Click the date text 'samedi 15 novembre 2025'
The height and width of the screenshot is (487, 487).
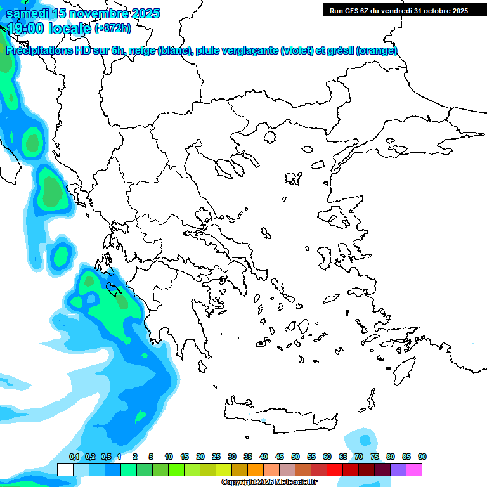[82, 13]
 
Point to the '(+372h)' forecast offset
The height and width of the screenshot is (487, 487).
[113, 28]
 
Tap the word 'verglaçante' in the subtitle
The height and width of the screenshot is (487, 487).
[249, 51]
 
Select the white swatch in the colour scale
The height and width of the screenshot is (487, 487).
[65, 469]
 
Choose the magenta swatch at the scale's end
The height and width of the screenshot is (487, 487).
[414, 469]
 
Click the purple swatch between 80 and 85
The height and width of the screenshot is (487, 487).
[398, 469]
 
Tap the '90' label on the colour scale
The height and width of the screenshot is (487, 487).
[422, 457]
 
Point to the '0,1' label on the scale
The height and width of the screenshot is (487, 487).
[74, 457]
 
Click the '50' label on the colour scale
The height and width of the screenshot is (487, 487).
[295, 457]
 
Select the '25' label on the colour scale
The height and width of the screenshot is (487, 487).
[216, 457]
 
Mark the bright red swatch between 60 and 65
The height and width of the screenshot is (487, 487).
[335, 469]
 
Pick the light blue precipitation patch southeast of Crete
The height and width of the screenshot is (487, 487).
[364, 439]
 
